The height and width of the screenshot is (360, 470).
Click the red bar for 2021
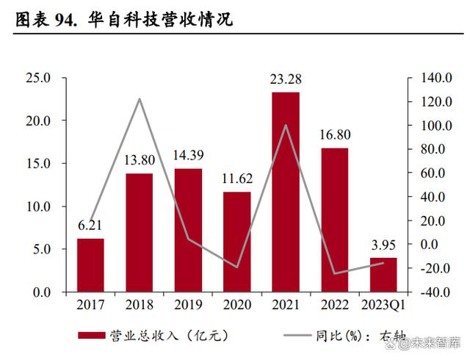[x=286, y=192]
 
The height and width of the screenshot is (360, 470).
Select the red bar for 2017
[x=90, y=265]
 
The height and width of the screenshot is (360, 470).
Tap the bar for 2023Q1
[x=383, y=275]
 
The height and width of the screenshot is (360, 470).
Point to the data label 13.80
[x=139, y=160]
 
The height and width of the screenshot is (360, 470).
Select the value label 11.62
[x=236, y=179]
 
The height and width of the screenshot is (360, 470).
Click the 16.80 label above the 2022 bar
[x=334, y=134]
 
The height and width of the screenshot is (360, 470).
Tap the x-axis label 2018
[x=139, y=304]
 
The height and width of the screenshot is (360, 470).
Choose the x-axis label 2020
[x=236, y=304]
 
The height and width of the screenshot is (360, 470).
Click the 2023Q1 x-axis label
[x=382, y=304]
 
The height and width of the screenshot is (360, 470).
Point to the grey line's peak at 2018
[x=139, y=99]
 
